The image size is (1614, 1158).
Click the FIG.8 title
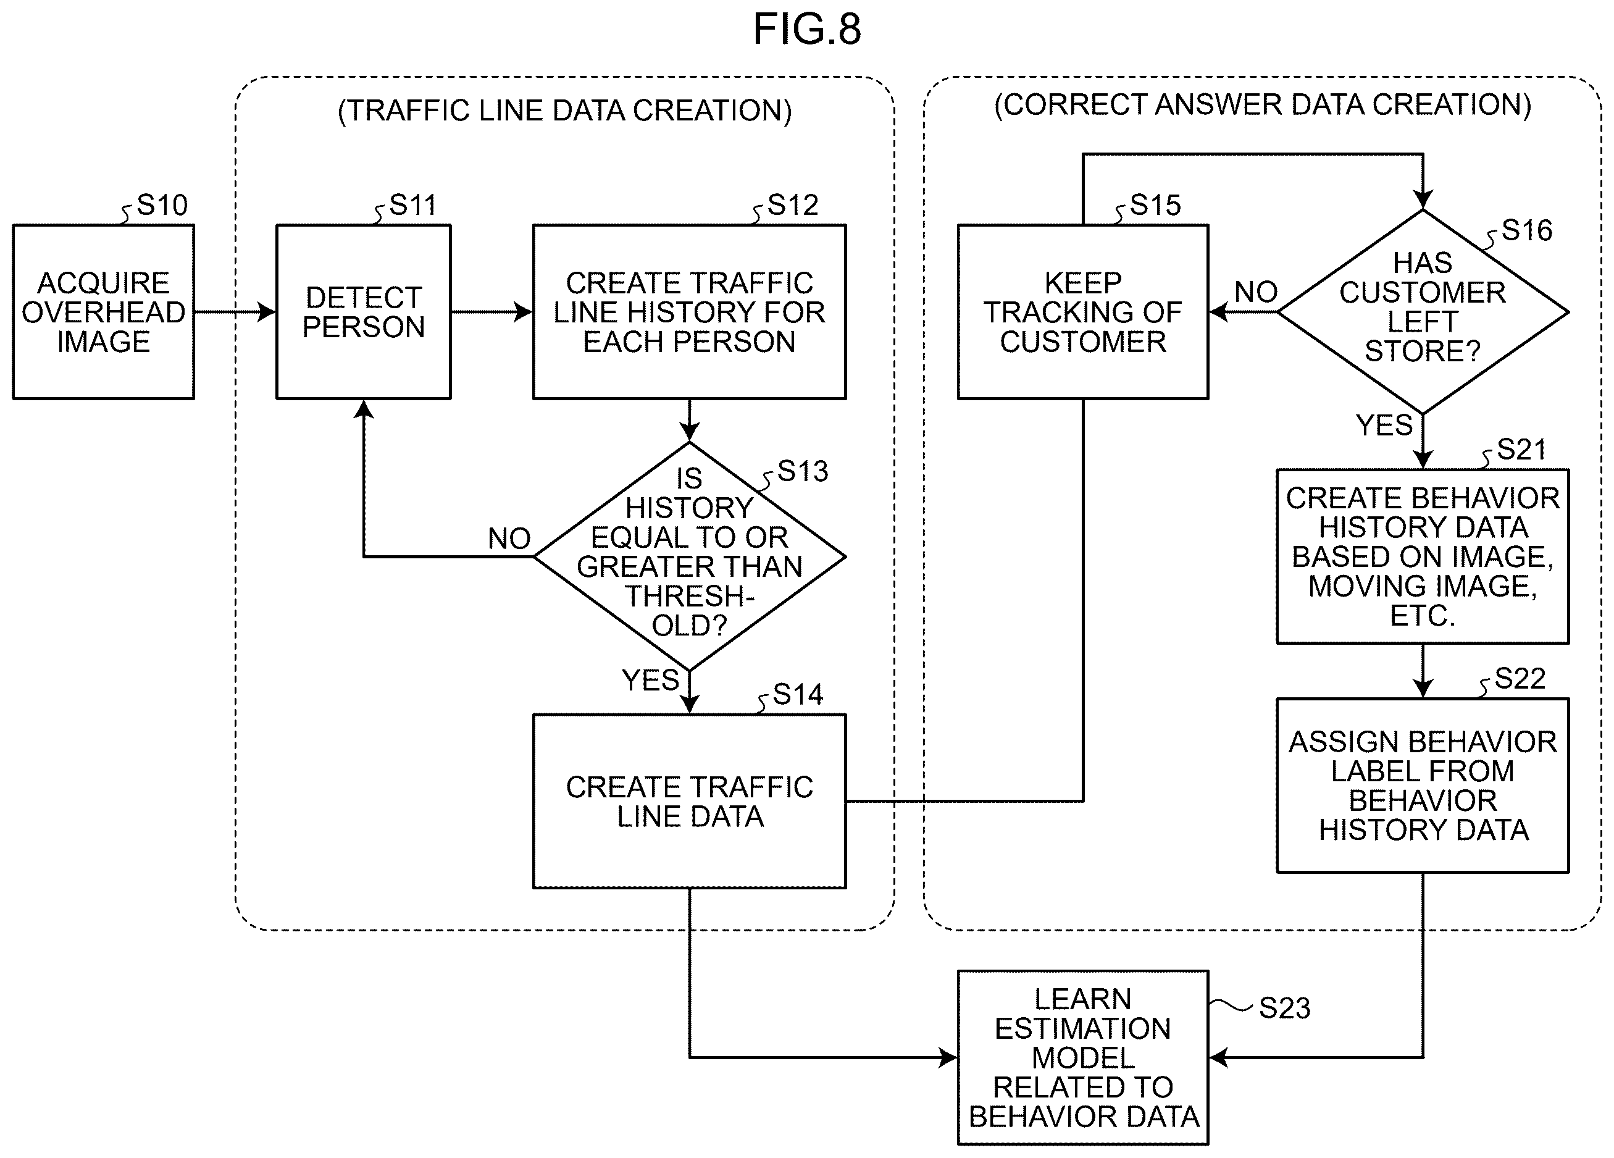click(x=807, y=30)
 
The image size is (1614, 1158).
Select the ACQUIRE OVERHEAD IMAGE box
click(x=103, y=312)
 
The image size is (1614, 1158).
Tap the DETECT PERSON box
click(x=364, y=312)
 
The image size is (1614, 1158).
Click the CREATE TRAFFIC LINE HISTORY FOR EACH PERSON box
click(x=690, y=312)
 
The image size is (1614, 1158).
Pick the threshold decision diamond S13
click(x=690, y=556)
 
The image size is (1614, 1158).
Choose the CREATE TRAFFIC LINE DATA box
click(x=690, y=802)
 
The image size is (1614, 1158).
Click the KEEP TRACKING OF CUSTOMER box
click(x=1083, y=312)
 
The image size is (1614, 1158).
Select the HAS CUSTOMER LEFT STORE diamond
click(x=1423, y=312)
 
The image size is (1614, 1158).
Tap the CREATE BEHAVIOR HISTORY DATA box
click(x=1423, y=556)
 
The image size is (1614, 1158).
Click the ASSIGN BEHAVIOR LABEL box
click(x=1423, y=786)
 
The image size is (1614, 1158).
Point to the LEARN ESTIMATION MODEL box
click(x=1083, y=1058)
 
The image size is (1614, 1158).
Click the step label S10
click(x=162, y=205)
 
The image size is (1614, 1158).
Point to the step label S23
click(x=1284, y=1008)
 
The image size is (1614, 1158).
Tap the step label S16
click(x=1527, y=230)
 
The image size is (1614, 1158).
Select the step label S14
click(x=798, y=695)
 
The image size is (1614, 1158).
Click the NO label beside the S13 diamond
click(x=509, y=539)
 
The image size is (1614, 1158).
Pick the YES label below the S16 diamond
click(x=1384, y=426)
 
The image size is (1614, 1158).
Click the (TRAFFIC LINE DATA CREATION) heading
click(x=564, y=111)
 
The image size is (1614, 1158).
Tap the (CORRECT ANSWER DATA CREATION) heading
click(x=1263, y=104)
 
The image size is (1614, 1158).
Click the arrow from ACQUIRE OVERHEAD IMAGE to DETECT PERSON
click(x=235, y=312)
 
